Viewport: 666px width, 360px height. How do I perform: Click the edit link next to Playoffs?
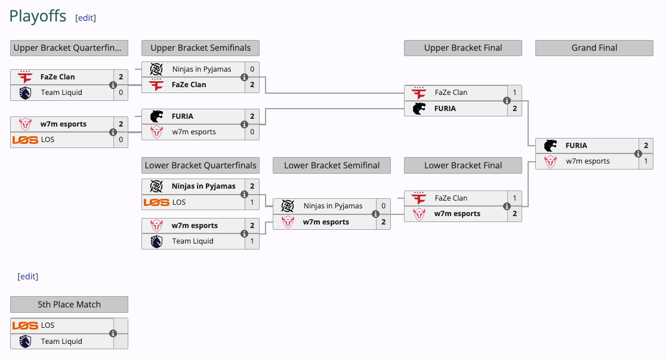coord(85,18)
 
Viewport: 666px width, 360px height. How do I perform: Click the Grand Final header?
coord(594,48)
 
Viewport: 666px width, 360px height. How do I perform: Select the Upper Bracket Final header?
coord(462,48)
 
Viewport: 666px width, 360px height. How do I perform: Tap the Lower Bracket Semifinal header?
coord(331,165)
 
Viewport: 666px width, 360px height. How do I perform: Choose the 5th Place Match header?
coord(69,304)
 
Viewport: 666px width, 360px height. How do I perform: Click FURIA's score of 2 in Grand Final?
coord(646,145)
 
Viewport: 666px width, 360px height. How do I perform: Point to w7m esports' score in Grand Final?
coord(646,161)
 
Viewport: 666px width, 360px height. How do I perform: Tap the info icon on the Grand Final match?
coord(638,153)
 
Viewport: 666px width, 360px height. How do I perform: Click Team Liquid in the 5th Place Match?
coord(61,341)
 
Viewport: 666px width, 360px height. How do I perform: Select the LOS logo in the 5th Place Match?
coord(25,325)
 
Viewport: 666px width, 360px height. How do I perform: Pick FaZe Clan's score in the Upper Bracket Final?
coord(514,93)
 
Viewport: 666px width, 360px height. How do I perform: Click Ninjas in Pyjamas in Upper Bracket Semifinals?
coord(201,69)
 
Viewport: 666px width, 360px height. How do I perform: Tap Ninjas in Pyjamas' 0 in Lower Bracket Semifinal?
coord(383,206)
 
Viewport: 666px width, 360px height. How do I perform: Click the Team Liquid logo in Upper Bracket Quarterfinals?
coord(24,93)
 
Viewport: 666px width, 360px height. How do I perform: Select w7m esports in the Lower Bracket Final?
coord(457,214)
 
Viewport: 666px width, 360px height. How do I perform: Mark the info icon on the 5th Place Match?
coord(113,334)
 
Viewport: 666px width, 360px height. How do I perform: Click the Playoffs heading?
coord(38,16)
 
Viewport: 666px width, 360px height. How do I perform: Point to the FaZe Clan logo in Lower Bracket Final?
coord(418,198)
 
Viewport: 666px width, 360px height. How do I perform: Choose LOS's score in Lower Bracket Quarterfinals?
coord(252,202)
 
